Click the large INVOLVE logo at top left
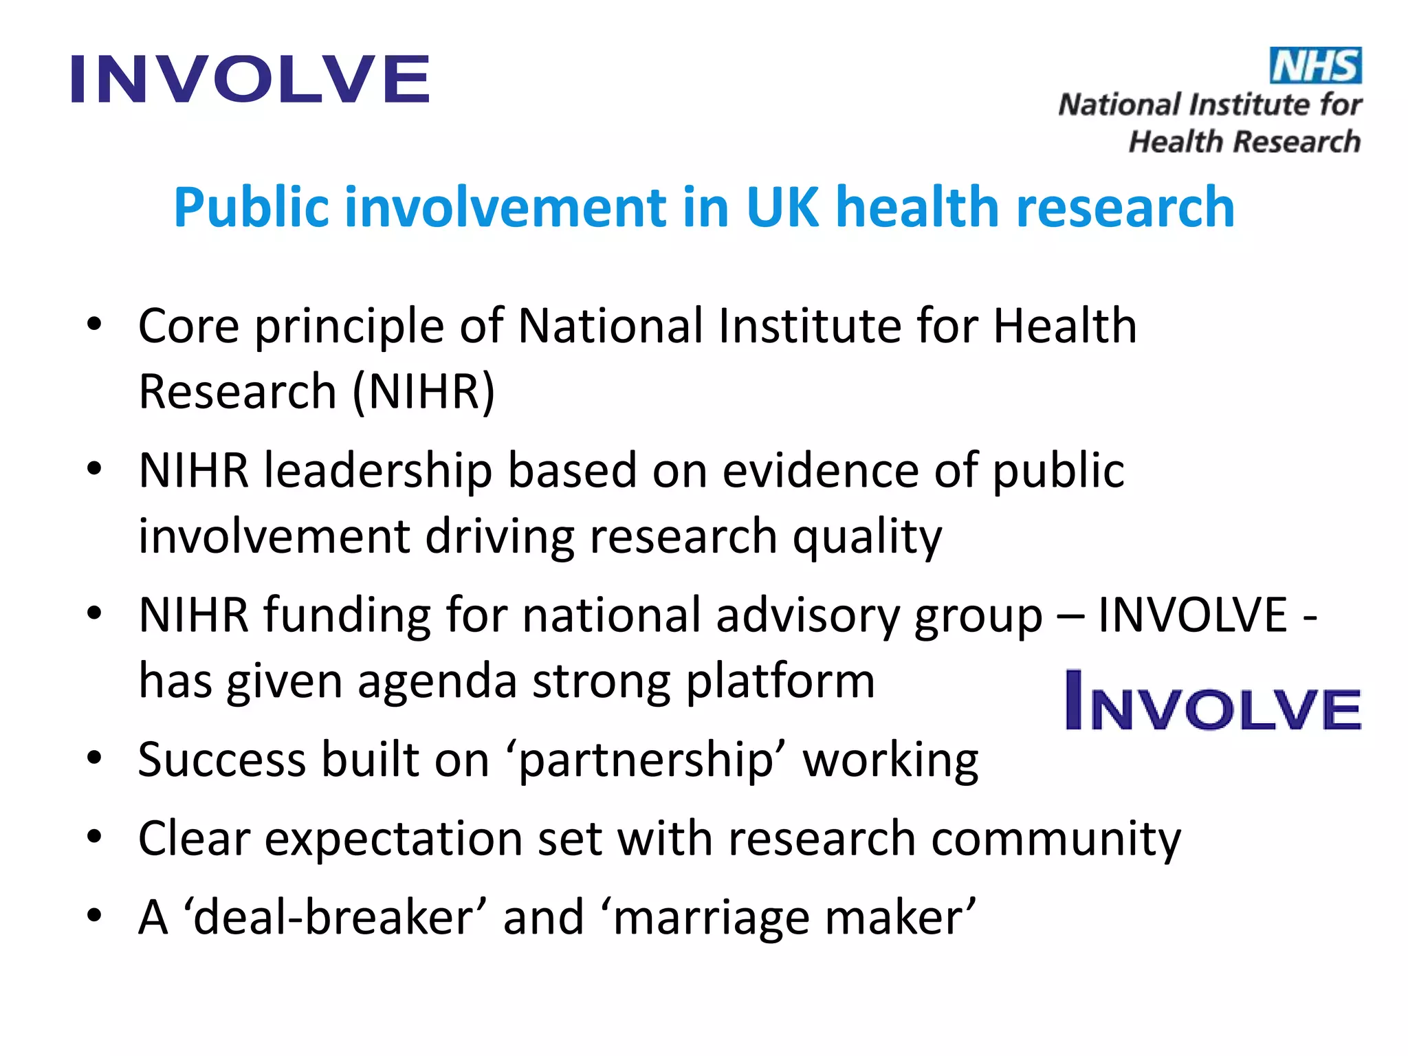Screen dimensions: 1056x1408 [250, 80]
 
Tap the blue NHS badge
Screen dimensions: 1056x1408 [1315, 66]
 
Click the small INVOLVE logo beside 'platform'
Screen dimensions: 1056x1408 [1213, 701]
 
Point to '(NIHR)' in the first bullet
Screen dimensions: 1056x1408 [423, 392]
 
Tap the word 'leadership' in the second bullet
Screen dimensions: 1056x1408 [378, 472]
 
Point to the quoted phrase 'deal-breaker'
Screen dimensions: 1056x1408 [335, 918]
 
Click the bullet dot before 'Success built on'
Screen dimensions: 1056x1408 [94, 758]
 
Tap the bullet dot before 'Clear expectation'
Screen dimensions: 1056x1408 [94, 837]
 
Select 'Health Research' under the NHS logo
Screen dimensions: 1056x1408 [1244, 142]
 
